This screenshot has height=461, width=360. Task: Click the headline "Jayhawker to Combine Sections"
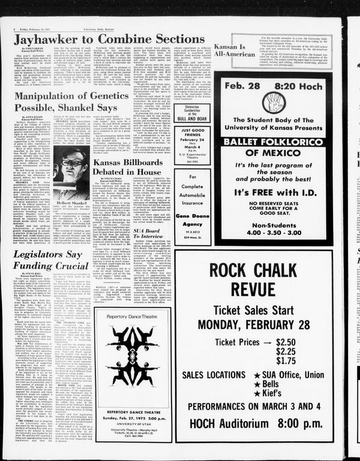pyautogui.click(x=110, y=40)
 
